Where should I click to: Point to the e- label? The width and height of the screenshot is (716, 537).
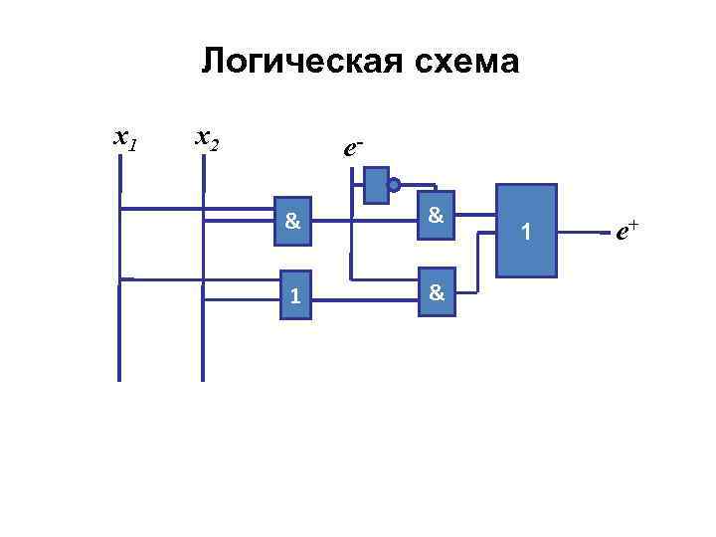tap(352, 148)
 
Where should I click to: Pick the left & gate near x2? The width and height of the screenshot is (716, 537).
tap(292, 222)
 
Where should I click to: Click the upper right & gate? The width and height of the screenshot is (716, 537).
tap(436, 215)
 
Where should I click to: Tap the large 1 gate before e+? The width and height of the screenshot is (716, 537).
tap(527, 231)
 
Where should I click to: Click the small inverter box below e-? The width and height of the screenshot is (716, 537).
tap(375, 184)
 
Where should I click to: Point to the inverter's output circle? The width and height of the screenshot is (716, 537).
tap(394, 185)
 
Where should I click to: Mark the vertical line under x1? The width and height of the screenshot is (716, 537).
tap(119, 328)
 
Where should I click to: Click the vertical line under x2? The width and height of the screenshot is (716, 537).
tap(203, 328)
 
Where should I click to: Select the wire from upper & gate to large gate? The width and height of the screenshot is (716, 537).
tap(475, 215)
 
